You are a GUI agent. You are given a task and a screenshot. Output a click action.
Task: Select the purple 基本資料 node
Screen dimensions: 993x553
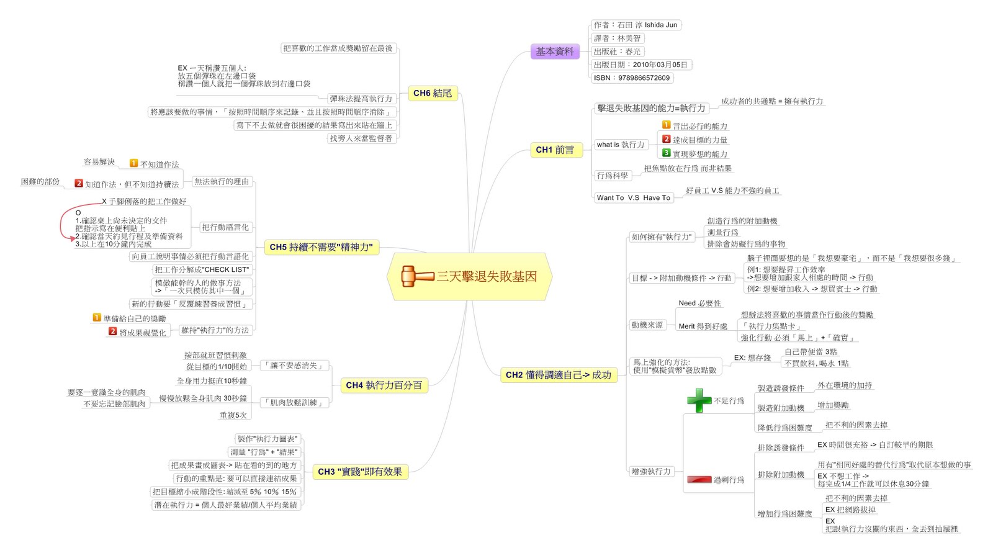coord(555,52)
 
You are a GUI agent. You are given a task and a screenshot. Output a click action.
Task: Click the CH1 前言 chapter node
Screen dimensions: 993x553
coord(555,150)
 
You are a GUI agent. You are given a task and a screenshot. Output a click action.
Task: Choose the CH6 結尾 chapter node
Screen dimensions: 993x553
coord(433,93)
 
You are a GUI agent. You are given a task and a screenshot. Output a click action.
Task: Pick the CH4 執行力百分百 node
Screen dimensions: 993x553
coord(384,385)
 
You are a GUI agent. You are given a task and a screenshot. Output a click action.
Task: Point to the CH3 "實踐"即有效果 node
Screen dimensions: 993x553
coord(359,472)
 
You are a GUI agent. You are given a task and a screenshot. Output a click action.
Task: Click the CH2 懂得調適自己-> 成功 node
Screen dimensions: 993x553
coord(558,375)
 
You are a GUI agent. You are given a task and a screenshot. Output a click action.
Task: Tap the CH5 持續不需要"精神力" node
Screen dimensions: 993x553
coord(321,247)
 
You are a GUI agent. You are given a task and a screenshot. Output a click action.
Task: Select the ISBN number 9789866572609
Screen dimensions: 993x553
coord(632,78)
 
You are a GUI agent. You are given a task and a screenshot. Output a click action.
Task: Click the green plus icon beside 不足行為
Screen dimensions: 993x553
coord(699,400)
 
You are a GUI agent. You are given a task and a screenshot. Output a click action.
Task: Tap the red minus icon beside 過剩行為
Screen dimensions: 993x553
coord(699,479)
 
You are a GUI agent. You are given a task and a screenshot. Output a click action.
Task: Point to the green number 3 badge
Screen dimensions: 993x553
coord(666,153)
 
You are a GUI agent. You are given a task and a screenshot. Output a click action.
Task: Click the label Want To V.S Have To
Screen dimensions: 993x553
coord(633,198)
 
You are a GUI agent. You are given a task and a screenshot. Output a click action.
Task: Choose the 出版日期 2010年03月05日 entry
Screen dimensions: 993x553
coord(640,65)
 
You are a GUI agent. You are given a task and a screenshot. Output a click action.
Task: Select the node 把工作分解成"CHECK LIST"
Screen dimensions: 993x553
coord(202,270)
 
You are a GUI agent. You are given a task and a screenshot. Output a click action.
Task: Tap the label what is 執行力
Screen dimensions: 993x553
coord(621,145)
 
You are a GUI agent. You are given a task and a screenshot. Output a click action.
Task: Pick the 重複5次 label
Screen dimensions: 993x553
coord(233,415)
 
